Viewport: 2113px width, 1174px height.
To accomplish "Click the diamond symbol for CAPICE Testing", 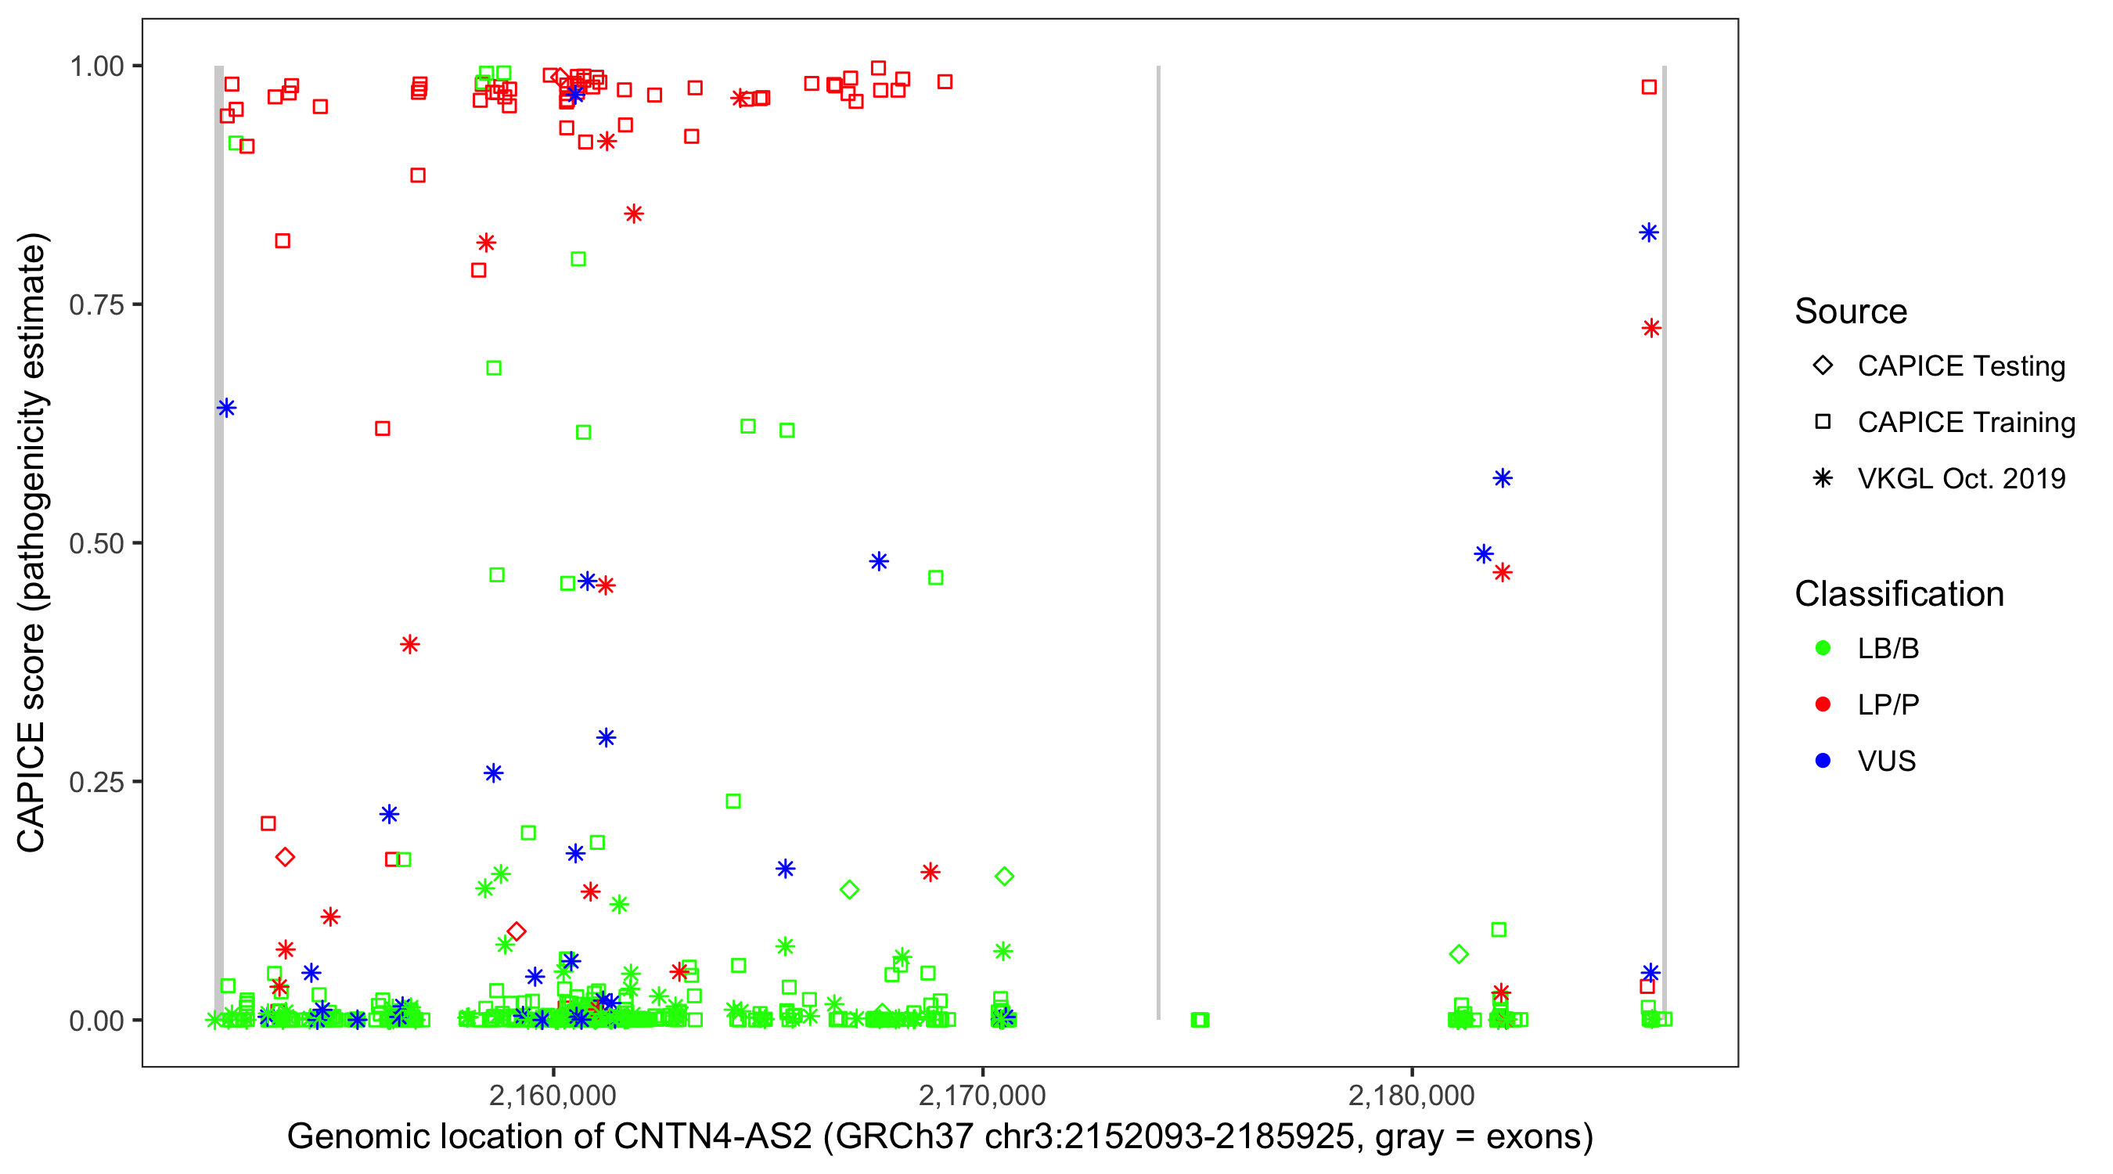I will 1823,366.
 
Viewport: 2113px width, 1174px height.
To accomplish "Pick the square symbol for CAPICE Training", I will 1823,422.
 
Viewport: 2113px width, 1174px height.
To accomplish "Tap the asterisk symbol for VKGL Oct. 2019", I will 1823,478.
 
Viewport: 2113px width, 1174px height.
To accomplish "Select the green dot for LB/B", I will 1823,648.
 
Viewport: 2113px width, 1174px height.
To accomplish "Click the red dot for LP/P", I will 1823,704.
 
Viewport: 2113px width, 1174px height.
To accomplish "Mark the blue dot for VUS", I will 1823,761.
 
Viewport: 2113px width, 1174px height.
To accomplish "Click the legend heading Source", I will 1851,312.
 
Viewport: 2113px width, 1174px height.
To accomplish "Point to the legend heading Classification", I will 1899,594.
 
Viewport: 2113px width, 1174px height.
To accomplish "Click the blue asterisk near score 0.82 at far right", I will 1649,233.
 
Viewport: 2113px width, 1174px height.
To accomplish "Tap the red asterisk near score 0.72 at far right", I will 1651,328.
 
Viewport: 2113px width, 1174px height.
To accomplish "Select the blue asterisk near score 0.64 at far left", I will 226,408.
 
